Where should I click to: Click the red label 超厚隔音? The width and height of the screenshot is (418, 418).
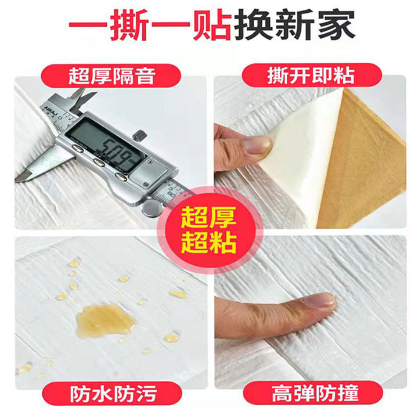tap(111, 76)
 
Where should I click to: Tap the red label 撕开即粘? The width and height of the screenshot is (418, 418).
tap(311, 75)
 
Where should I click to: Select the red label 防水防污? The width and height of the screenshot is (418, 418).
tap(112, 394)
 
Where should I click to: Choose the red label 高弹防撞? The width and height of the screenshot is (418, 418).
tap(313, 393)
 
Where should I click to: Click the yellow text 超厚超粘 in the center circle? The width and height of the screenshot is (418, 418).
tap(209, 230)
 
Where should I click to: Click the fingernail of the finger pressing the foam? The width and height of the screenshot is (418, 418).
tap(319, 300)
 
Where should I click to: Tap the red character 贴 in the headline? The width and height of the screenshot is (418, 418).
tap(211, 24)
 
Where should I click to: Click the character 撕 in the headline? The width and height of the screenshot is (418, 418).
tap(129, 24)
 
